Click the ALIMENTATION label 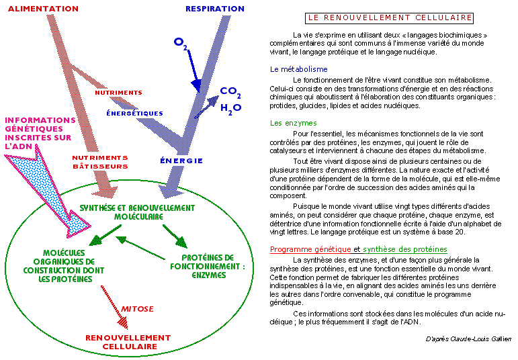pos(43,9)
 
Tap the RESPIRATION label pos(215,9)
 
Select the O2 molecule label pos(180,43)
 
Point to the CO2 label pos(230,92)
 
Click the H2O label pos(230,109)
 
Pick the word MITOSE pos(137,309)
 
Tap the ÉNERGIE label pos(181,161)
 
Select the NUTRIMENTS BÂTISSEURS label pos(100,162)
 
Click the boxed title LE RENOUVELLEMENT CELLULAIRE pos(389,18)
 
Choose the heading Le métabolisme pos(299,69)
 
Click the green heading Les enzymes pos(294,123)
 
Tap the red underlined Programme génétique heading pos(310,249)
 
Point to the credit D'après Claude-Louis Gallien pos(468,339)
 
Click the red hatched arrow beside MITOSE pos(115,308)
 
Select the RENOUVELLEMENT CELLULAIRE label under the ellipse pos(128,342)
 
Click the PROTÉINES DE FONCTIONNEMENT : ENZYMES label pos(208,267)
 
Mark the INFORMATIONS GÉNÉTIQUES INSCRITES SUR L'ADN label pos(40,133)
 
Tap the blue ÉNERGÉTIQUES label pos(134,114)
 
